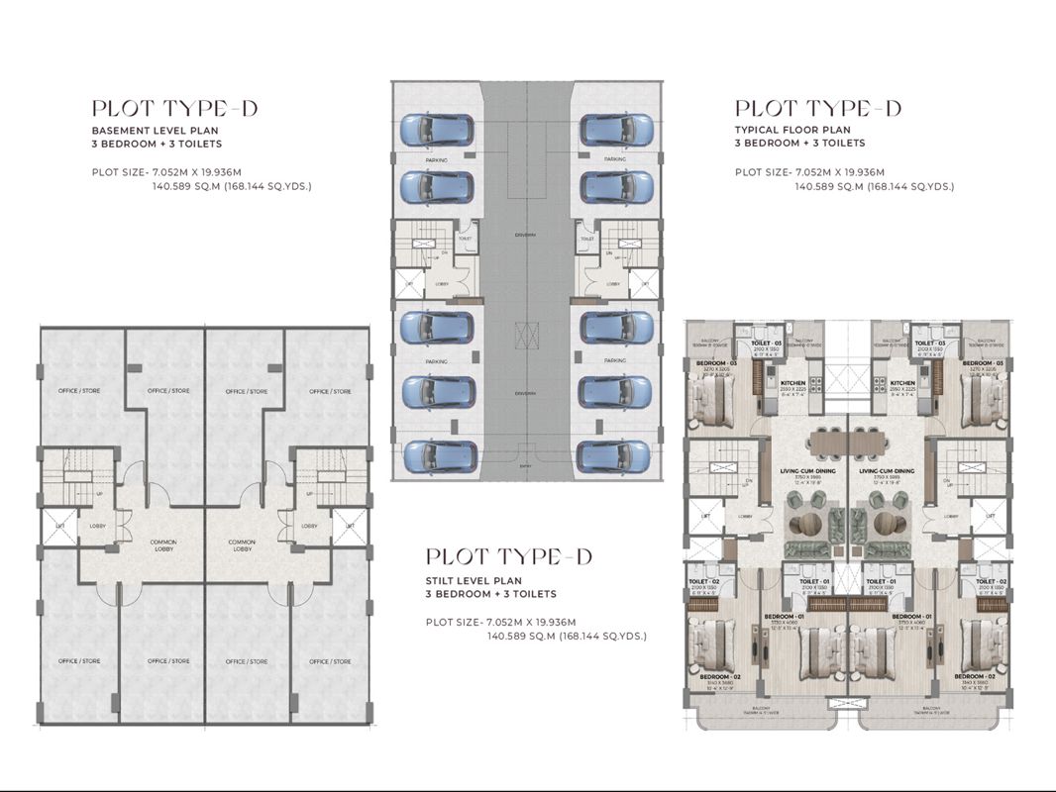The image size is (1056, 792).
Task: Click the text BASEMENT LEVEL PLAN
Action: point(155,131)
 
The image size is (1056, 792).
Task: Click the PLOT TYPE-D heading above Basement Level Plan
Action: point(174,108)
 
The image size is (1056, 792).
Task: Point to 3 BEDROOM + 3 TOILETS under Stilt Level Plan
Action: point(490,594)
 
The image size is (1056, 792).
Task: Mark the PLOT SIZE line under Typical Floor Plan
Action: point(844,172)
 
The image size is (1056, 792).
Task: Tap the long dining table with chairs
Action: point(847,443)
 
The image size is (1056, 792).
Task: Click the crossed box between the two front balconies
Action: point(847,702)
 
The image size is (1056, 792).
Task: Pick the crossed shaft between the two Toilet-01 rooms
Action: point(847,586)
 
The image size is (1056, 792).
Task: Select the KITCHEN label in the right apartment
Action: point(901,383)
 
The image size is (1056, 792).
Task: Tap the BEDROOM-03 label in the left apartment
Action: point(711,363)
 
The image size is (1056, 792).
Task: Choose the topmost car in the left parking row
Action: point(435,130)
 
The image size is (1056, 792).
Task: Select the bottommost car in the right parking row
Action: point(615,455)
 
